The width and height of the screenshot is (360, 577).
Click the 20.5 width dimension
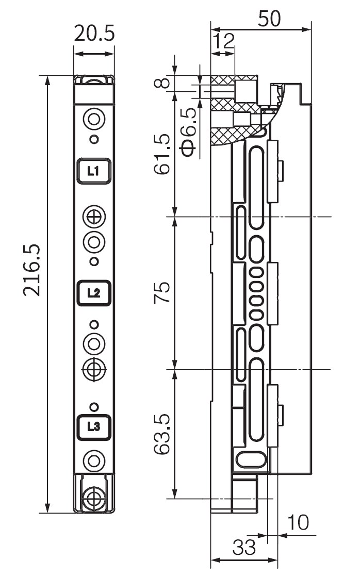pyautogui.click(x=94, y=33)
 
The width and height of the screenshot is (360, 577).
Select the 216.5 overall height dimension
pyautogui.click(x=31, y=270)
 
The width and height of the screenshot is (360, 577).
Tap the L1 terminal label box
pyautogui.click(x=94, y=171)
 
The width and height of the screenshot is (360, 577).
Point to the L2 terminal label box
pyautogui.click(x=94, y=293)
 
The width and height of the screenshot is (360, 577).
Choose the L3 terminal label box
pyautogui.click(x=94, y=427)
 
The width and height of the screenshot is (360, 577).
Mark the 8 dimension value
pyautogui.click(x=162, y=82)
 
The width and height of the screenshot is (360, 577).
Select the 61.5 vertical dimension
pyautogui.click(x=162, y=154)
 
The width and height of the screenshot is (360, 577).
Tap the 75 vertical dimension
pyautogui.click(x=162, y=292)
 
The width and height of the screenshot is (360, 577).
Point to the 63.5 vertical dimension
pyautogui.click(x=162, y=434)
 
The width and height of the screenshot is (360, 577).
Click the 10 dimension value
pyautogui.click(x=298, y=522)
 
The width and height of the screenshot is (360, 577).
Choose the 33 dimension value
pyautogui.click(x=243, y=547)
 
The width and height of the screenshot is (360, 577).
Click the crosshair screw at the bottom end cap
pyautogui.click(x=94, y=499)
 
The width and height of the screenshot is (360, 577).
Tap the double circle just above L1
pyautogui.click(x=94, y=119)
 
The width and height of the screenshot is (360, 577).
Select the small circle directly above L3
pyautogui.click(x=94, y=407)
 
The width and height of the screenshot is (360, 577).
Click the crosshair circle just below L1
pyautogui.click(x=94, y=217)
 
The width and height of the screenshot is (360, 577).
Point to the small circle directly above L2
pyautogui.click(x=94, y=261)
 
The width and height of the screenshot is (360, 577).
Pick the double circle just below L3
pyautogui.click(x=94, y=460)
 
